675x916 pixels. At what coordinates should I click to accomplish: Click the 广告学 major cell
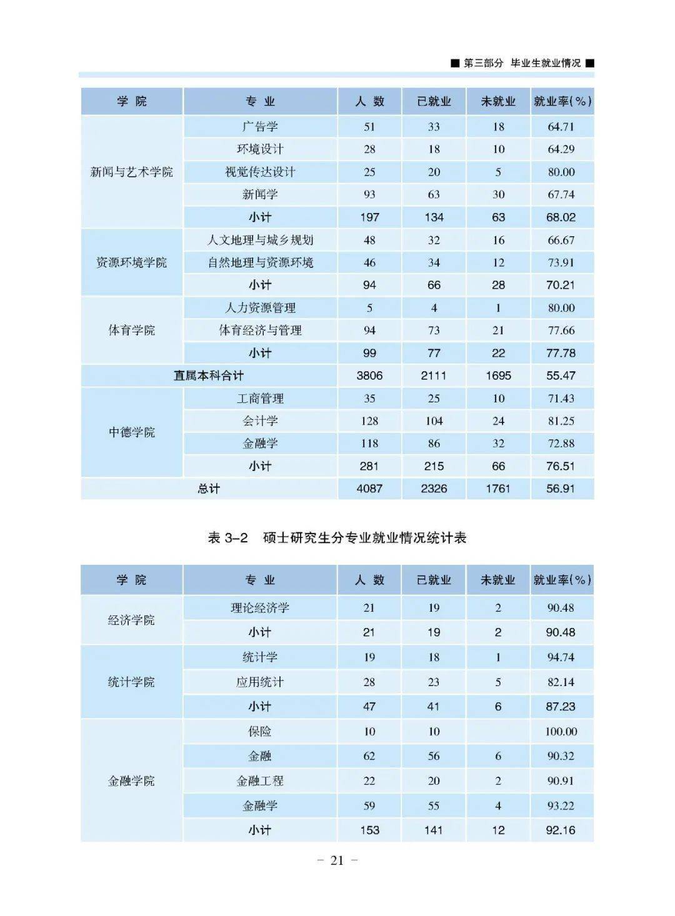[260, 127]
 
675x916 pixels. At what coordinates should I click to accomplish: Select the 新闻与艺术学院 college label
[131, 172]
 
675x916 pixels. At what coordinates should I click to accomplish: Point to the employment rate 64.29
[561, 149]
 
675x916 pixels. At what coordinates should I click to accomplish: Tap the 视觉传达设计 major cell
[260, 172]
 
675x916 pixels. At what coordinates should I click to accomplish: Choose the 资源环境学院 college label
[131, 262]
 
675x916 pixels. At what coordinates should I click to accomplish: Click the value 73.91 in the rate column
[561, 262]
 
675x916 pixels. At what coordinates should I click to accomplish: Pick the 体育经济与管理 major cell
[260, 331]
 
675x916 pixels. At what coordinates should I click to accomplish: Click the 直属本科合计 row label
[209, 376]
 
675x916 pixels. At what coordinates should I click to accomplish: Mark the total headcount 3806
[369, 376]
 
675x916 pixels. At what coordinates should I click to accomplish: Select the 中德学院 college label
[131, 432]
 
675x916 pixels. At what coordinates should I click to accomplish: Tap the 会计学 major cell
[260, 421]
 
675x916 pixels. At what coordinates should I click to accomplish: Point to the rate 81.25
[561, 421]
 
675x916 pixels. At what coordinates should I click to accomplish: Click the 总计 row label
[209, 489]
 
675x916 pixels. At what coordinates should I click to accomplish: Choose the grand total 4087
[369, 489]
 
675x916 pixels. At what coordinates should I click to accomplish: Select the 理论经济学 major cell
[260, 608]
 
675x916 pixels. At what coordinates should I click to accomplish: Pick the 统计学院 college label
[131, 682]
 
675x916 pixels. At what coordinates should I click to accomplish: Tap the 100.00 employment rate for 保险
[561, 732]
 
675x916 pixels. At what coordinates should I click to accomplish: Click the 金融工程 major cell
[260, 781]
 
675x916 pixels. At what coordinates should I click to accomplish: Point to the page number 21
[337, 860]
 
